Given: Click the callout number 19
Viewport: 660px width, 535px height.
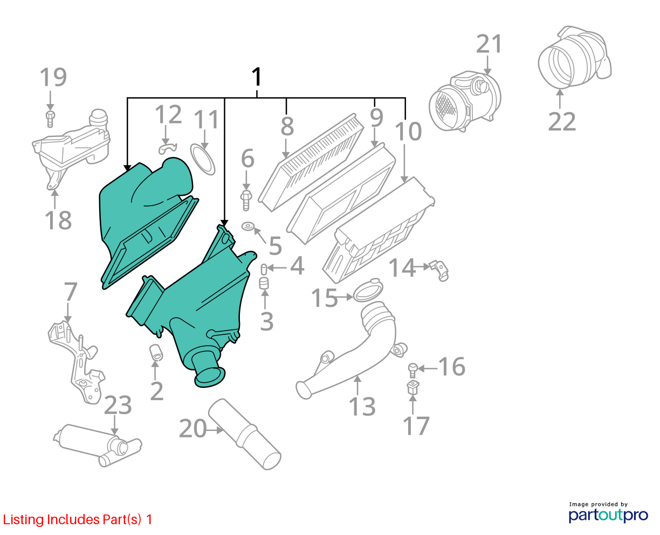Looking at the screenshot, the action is (x=53, y=77).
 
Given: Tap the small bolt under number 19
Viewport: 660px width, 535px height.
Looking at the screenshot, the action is (x=50, y=119).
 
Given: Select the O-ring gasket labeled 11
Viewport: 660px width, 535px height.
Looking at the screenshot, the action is (x=202, y=159).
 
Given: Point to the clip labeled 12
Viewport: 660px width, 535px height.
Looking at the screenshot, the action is (x=168, y=148).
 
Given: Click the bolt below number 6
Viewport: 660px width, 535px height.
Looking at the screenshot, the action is (x=246, y=200).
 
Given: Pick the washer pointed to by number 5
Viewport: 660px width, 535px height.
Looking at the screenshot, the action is (x=247, y=227).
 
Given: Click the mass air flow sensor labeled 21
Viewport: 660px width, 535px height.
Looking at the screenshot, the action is (x=465, y=100).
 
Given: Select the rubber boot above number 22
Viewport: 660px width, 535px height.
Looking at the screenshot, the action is (x=574, y=57).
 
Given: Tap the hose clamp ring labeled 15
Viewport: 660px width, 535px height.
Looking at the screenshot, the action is (x=368, y=290).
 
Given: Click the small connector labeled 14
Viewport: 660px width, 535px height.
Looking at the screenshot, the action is (x=439, y=270).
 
